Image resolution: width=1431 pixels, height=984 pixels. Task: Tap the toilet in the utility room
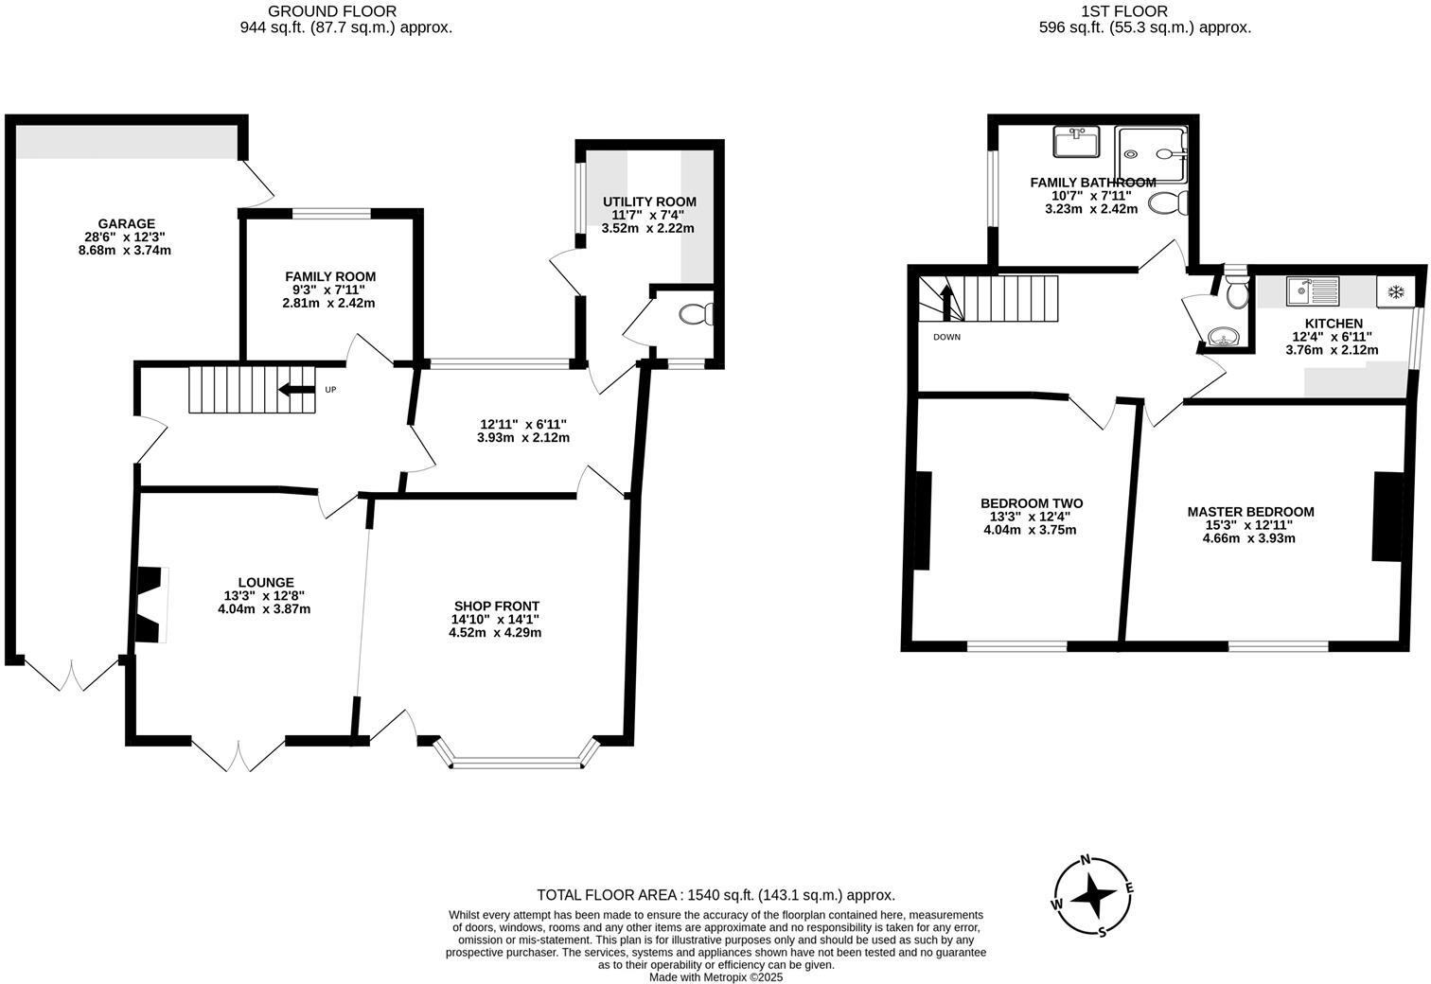click(698, 313)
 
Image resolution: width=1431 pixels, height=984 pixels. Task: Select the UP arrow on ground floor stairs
click(297, 390)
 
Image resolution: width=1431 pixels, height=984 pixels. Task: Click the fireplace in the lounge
click(150, 605)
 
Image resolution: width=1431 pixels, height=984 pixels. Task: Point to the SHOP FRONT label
click(496, 606)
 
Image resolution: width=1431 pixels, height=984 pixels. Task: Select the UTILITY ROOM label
click(649, 202)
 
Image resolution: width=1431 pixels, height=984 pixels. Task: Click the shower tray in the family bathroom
click(1149, 154)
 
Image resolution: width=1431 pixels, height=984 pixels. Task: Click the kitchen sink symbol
click(1311, 290)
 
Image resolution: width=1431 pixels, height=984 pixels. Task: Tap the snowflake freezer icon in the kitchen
click(1393, 291)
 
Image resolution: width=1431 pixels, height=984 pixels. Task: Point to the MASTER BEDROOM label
click(1250, 512)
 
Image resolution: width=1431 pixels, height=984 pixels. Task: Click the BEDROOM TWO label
click(1031, 503)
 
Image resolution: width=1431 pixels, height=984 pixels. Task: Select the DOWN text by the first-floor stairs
click(946, 337)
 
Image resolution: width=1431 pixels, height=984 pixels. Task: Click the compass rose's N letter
click(1086, 860)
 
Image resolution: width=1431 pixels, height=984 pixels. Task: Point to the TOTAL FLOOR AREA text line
click(715, 895)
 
